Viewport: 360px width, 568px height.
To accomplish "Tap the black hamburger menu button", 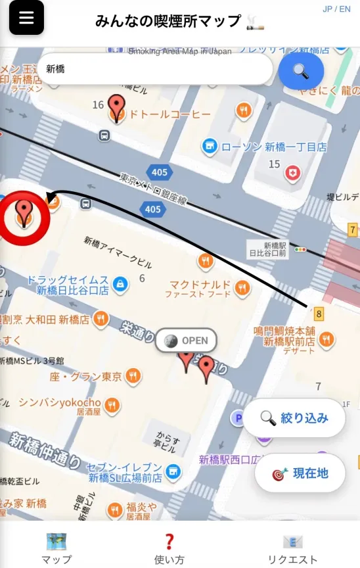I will click(x=26, y=18).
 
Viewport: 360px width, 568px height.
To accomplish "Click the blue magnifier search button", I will click(x=301, y=71).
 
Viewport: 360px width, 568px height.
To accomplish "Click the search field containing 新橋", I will click(x=154, y=69).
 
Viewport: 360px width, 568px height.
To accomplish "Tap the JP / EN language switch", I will click(x=336, y=9).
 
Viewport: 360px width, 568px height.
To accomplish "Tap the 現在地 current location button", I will click(x=300, y=473).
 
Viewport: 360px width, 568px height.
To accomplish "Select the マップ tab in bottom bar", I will click(x=56, y=550).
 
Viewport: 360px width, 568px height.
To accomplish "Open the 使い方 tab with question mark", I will click(x=169, y=550).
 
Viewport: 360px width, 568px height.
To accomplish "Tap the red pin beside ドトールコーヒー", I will click(x=117, y=107).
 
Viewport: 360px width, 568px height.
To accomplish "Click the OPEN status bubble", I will click(x=186, y=341).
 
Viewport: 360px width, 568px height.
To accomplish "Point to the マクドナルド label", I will click(x=200, y=285).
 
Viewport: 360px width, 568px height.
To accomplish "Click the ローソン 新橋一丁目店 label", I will click(x=273, y=147).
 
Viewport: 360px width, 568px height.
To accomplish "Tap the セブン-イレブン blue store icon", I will click(x=173, y=471).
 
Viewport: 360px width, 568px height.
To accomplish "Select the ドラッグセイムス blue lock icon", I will click(x=119, y=283).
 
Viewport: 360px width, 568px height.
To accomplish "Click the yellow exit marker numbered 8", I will click(x=319, y=314).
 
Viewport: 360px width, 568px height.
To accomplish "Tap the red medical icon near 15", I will click(x=292, y=172).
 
